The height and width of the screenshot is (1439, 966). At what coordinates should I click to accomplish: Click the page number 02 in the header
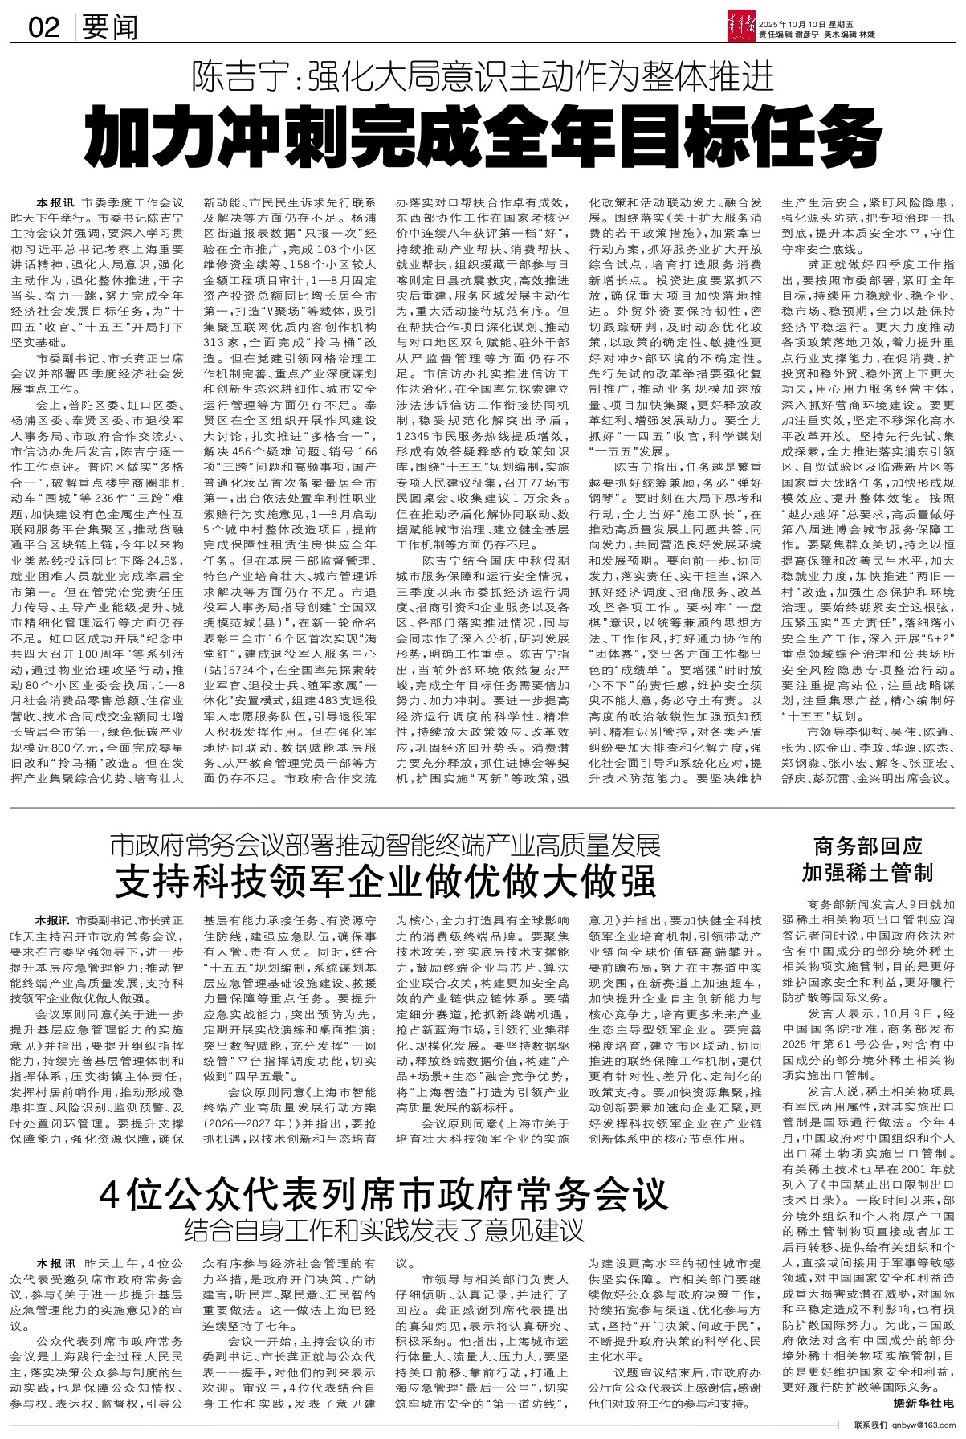point(43,29)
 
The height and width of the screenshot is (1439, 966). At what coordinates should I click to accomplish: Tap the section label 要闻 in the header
point(109,29)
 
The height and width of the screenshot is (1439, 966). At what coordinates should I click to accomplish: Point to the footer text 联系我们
point(872,1431)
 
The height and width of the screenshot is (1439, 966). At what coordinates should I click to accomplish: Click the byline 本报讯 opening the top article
point(53,203)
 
